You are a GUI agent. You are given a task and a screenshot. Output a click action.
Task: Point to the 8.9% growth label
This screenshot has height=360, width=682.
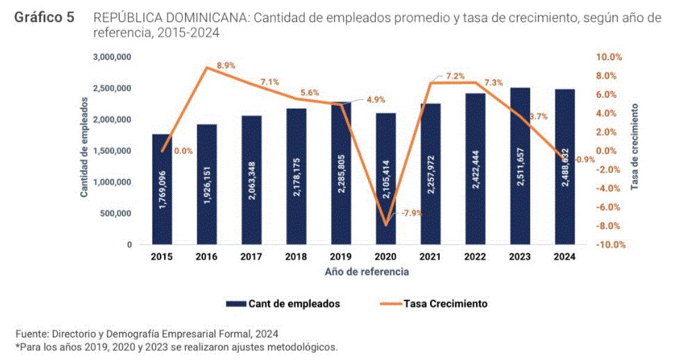[226, 65]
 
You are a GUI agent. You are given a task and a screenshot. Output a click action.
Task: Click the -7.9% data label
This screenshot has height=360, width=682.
[410, 212]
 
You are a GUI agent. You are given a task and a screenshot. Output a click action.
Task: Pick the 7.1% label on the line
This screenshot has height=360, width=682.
[270, 82]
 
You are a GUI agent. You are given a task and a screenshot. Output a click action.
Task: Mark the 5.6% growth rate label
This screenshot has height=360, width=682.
[310, 93]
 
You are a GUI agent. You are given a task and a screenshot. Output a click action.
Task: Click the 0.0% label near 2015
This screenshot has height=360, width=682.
[184, 151]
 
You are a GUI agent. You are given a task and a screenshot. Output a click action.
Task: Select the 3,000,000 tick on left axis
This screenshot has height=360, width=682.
[112, 57]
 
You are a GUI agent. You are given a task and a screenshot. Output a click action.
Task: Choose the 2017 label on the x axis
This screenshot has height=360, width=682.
[251, 257]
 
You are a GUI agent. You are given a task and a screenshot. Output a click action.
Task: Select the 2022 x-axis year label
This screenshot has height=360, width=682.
[475, 257]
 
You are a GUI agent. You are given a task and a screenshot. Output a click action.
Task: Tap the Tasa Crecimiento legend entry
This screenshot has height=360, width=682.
[445, 304]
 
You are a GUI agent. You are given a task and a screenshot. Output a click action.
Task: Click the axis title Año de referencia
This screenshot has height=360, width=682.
[367, 272]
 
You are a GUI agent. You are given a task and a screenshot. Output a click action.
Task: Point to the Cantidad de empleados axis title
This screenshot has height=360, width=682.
[84, 147]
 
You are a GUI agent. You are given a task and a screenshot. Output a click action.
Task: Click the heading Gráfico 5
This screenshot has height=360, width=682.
[45, 17]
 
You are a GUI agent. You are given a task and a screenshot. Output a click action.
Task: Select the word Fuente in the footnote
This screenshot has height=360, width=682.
[31, 332]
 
